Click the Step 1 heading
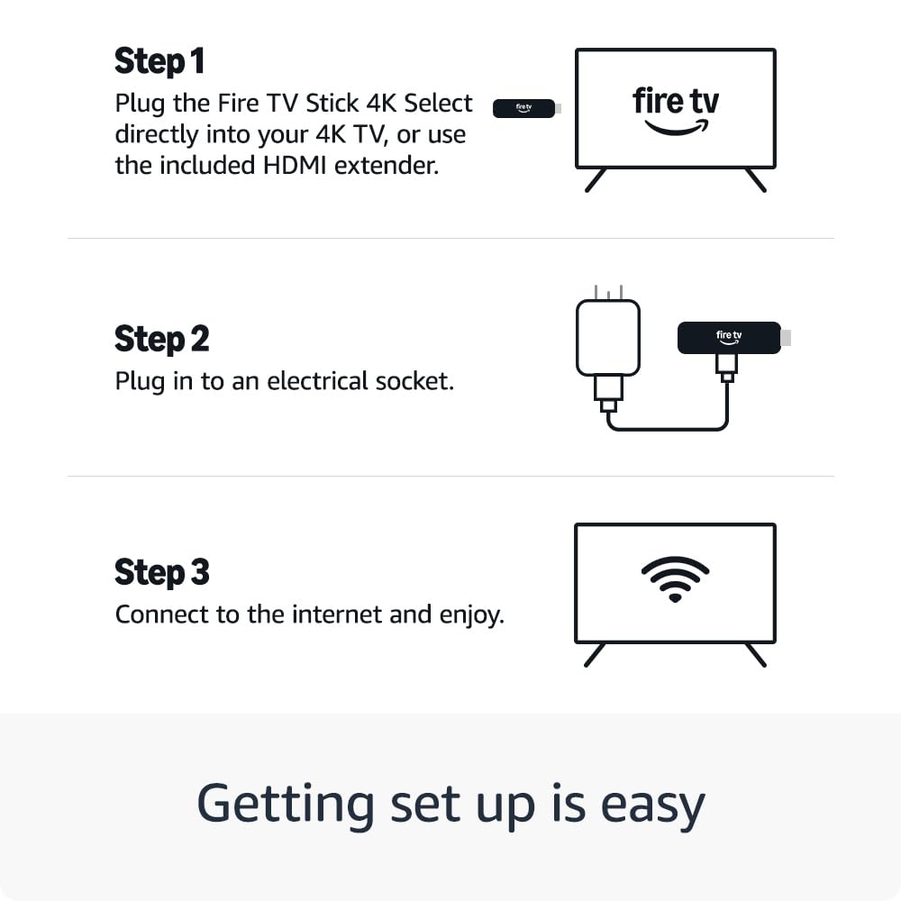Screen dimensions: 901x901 159,61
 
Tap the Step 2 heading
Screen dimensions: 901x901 161,339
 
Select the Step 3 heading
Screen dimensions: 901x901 162,572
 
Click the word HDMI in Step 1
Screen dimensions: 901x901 295,166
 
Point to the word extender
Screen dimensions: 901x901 387,166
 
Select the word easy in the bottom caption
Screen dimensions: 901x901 652,805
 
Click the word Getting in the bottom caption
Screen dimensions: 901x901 286,805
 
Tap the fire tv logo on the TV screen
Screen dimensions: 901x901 676,111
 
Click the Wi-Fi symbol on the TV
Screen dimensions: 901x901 675,579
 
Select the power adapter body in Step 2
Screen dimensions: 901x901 608,338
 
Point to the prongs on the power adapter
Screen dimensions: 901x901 608,292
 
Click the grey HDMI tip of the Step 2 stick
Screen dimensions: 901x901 786,338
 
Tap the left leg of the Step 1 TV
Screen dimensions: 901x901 596,180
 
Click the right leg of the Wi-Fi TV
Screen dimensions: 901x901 756,655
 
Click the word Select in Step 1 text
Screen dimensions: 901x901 438,104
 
